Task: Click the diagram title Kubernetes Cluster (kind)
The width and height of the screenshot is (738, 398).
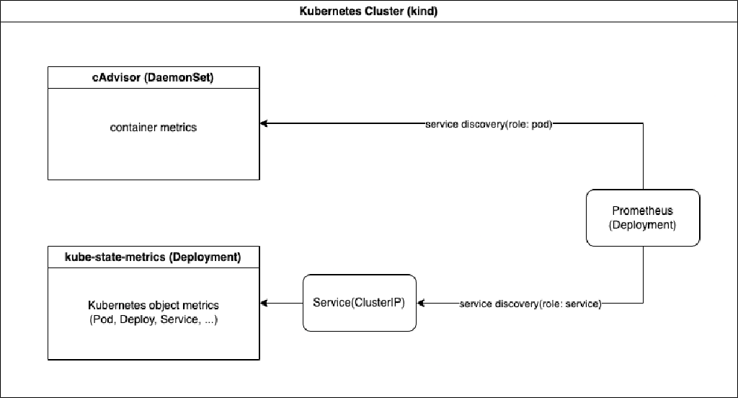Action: (369, 12)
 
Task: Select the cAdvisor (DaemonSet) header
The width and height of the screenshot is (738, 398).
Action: (153, 78)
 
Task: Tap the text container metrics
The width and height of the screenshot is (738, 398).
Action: (153, 128)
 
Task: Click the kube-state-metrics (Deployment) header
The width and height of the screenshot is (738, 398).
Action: (153, 257)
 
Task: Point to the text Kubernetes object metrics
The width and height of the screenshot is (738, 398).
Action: (153, 305)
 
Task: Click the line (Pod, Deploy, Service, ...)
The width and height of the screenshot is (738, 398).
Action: (153, 319)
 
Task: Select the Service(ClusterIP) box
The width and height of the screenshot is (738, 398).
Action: (359, 303)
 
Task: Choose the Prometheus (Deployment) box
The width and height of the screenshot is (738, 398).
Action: (642, 218)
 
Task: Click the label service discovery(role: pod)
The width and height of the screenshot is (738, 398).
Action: (489, 124)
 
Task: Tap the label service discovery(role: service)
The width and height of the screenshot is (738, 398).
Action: (530, 304)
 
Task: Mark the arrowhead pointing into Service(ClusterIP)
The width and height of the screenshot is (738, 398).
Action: (422, 304)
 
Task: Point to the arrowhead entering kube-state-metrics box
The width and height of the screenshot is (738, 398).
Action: (264, 304)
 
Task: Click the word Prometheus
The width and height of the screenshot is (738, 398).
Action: (642, 211)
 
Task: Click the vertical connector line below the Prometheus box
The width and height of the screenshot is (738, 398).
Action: (643, 274)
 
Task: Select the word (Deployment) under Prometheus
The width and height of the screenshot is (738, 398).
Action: (642, 225)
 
